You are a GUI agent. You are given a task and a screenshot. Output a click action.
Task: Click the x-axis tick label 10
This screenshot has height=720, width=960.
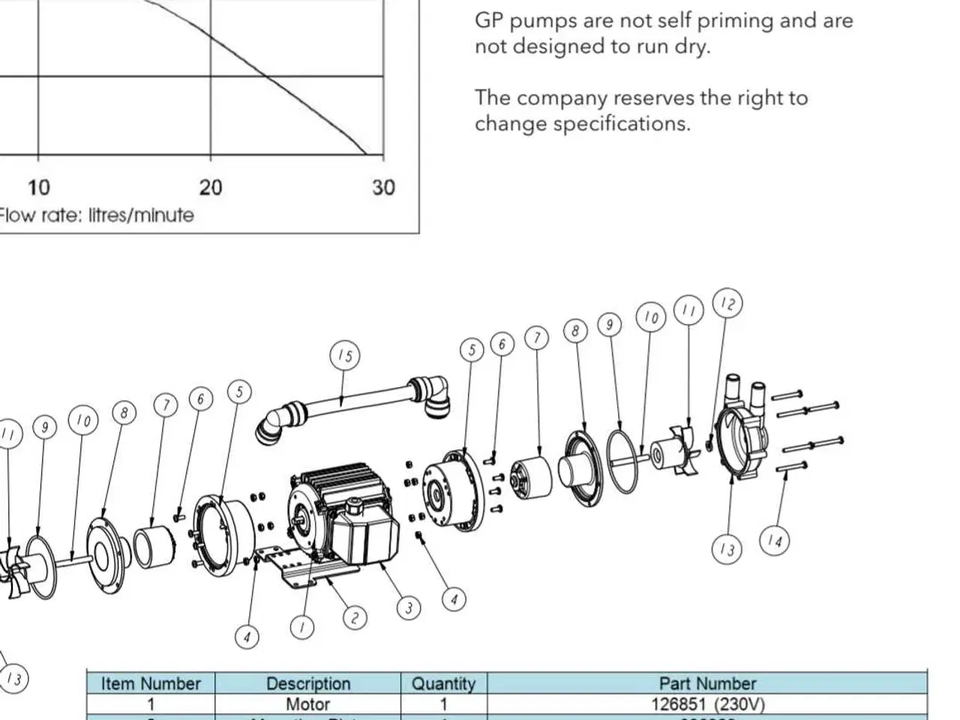[x=38, y=187]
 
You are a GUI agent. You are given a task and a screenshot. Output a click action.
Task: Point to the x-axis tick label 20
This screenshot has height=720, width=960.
[x=211, y=187]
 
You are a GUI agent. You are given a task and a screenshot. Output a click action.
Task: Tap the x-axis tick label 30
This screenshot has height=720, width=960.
[x=382, y=187]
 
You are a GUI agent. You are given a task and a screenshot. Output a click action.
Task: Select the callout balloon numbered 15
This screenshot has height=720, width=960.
[x=344, y=355]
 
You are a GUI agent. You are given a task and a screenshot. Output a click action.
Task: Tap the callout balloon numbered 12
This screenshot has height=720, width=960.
[x=727, y=304]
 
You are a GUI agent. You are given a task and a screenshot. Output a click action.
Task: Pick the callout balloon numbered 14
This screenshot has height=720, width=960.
[x=775, y=540]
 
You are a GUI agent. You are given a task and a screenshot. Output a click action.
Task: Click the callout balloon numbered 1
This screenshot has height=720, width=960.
[x=302, y=627]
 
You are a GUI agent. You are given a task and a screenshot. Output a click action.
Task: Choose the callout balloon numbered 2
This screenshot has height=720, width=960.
[x=355, y=617]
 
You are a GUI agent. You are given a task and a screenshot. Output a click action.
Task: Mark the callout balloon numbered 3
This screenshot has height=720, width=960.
[x=409, y=607]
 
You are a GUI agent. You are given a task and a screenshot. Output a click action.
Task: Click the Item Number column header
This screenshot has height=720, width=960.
[x=151, y=683]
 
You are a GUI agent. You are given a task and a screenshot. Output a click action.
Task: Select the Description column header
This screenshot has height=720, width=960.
[x=308, y=683]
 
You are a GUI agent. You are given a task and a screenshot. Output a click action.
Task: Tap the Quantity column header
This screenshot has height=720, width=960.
[x=443, y=683]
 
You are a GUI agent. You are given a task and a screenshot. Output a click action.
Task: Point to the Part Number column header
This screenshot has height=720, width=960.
[x=707, y=683]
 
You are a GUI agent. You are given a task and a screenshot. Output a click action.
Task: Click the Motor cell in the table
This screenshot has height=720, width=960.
[x=308, y=704]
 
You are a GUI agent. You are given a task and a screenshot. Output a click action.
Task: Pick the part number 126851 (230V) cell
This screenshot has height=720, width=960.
[x=707, y=704]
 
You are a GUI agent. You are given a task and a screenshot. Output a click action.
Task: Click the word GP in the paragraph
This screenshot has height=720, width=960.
[x=487, y=20]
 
